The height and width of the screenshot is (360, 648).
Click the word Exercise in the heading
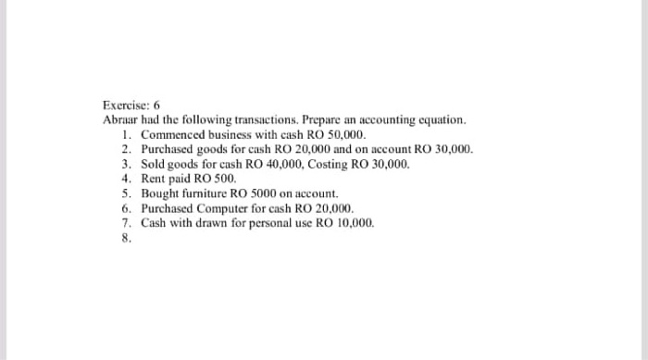124,106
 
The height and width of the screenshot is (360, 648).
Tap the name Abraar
119,120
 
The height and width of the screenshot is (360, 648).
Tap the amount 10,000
357,222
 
